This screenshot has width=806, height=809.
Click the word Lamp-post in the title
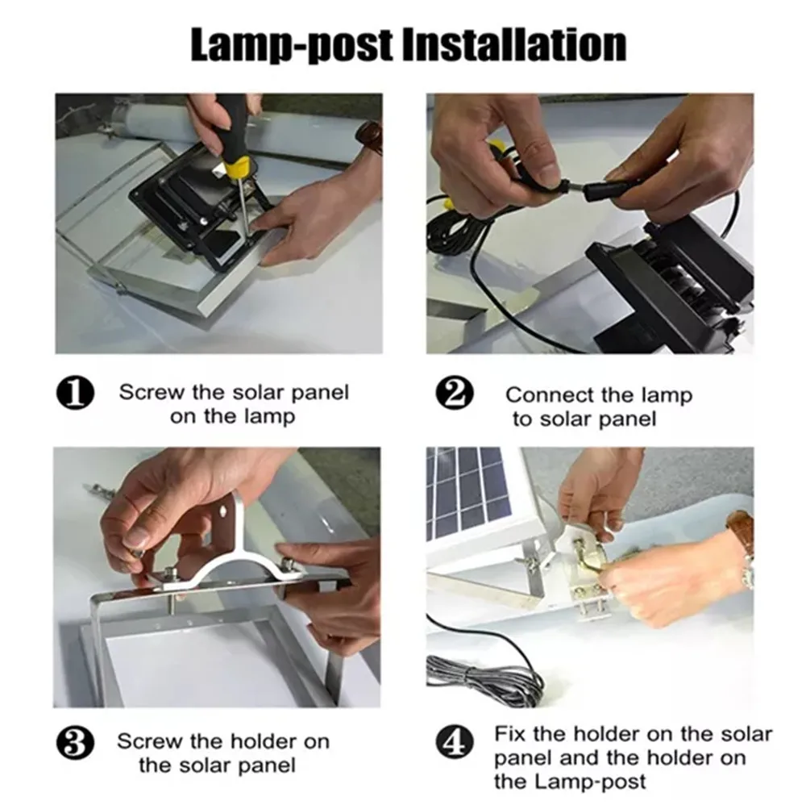coord(290,45)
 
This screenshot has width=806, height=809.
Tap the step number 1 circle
coord(75,393)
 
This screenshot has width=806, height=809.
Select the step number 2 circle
coord(455,393)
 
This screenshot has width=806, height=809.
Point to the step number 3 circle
coord(75,742)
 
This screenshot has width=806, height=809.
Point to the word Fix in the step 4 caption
coord(510,734)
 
